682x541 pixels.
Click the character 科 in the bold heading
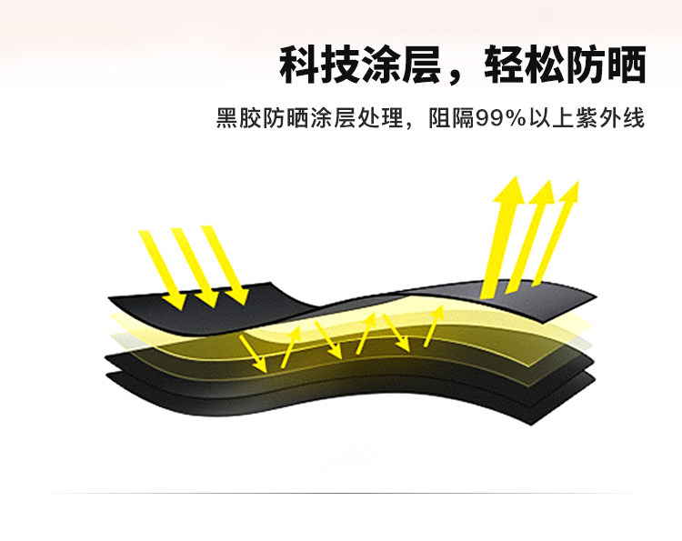point(299,65)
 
